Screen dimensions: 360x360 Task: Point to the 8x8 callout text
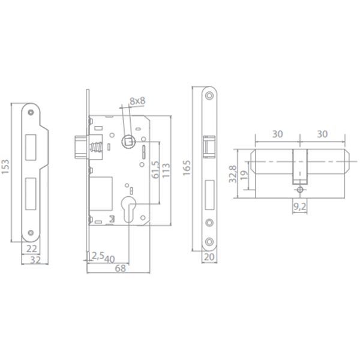[x=137, y=101]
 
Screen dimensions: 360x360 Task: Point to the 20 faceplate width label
[x=209, y=257]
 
